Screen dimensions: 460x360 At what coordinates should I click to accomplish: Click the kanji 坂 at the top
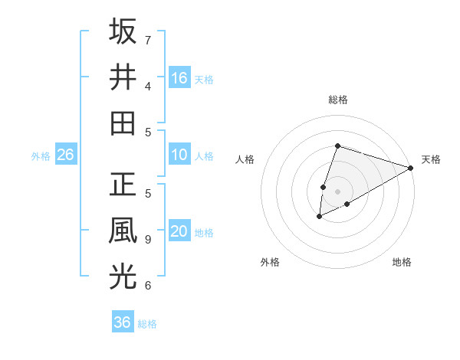pyautogui.click(x=123, y=31)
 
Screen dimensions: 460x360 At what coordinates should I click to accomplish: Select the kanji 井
pyautogui.click(x=123, y=77)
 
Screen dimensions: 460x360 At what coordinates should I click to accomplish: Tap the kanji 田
pyautogui.click(x=123, y=123)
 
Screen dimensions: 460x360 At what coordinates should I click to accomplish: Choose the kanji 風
pyautogui.click(x=123, y=231)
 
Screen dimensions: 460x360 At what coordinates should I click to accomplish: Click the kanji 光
pyautogui.click(x=123, y=277)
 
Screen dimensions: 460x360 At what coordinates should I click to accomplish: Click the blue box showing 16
pyautogui.click(x=179, y=77)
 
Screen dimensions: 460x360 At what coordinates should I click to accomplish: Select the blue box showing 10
pyautogui.click(x=179, y=155)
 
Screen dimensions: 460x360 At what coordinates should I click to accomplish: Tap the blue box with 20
pyautogui.click(x=179, y=232)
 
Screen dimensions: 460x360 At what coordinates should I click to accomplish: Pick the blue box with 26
pyautogui.click(x=66, y=155)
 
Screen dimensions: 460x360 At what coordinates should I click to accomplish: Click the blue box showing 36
pyautogui.click(x=123, y=322)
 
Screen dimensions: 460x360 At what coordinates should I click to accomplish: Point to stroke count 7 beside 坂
pyautogui.click(x=148, y=40)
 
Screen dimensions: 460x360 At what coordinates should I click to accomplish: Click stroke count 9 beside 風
pyautogui.click(x=148, y=239)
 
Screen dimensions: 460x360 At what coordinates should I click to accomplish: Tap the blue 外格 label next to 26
pyautogui.click(x=41, y=156)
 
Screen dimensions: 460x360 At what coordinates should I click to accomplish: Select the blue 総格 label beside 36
pyautogui.click(x=147, y=323)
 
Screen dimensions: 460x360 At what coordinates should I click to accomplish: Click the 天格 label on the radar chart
pyautogui.click(x=431, y=159)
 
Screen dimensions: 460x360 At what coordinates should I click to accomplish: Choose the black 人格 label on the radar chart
pyautogui.click(x=245, y=159)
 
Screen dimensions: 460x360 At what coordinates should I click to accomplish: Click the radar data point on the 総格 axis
pyautogui.click(x=337, y=146)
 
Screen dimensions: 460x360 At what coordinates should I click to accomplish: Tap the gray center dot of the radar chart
pyautogui.click(x=337, y=191)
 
